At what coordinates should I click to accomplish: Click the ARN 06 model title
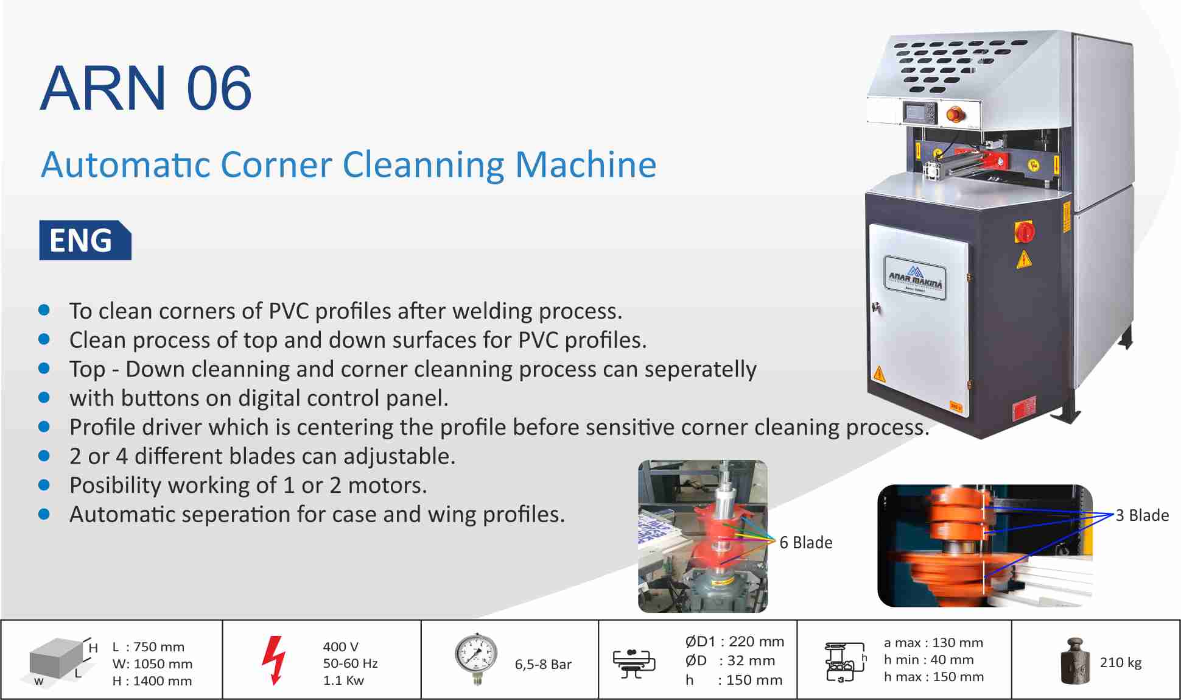[146, 89]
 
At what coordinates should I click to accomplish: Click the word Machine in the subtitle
[586, 164]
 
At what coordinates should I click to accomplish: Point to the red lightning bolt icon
[273, 660]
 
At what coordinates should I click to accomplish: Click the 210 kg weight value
[1120, 663]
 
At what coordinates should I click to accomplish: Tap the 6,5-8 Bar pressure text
[543, 664]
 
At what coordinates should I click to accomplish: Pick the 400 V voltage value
[341, 646]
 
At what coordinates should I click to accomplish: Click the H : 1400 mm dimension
[152, 681]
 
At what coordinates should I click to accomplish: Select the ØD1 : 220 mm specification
[734, 642]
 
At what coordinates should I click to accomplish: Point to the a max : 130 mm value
[933, 643]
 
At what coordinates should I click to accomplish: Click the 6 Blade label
[805, 542]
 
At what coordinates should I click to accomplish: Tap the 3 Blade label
[1142, 515]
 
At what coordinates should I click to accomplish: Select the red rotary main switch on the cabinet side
[1024, 232]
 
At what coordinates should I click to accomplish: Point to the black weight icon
[1075, 661]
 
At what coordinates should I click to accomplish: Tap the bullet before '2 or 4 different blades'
[44, 456]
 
